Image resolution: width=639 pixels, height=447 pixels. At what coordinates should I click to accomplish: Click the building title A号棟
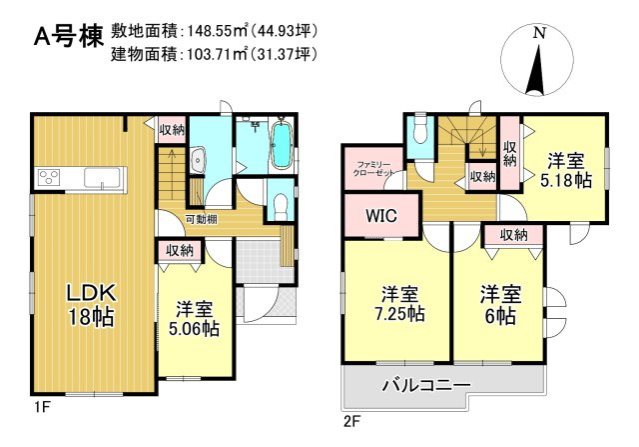pyautogui.click(x=68, y=38)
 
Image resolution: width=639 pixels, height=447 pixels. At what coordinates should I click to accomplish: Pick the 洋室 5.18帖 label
pyautogui.click(x=564, y=169)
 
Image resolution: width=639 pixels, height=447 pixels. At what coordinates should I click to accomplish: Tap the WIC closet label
pyautogui.click(x=379, y=215)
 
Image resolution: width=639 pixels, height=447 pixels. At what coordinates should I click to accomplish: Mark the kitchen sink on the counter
pyautogui.click(x=102, y=178)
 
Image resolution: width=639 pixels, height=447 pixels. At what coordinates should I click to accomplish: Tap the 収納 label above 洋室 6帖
pyautogui.click(x=513, y=235)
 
